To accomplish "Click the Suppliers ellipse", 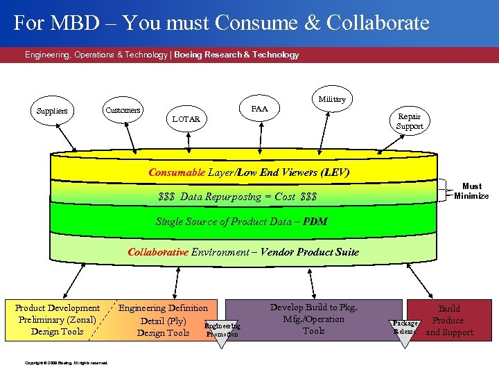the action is tap(52, 111).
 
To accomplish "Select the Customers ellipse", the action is tap(123, 109).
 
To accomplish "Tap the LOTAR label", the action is tap(186, 119).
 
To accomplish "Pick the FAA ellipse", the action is tap(259, 109).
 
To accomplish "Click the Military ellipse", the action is tap(331, 99).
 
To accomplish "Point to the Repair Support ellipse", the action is tap(409, 121).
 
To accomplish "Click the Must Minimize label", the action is tap(471, 190).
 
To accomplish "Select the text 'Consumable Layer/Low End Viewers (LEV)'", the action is tap(249, 172).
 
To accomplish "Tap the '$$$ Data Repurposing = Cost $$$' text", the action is tap(237, 197).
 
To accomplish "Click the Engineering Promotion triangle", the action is tap(222, 330).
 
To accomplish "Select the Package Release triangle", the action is tap(405, 327).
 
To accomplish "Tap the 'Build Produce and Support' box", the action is tap(449, 320).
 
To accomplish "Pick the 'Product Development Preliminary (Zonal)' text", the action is tap(57, 314).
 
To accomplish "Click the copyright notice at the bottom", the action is tap(66, 362).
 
